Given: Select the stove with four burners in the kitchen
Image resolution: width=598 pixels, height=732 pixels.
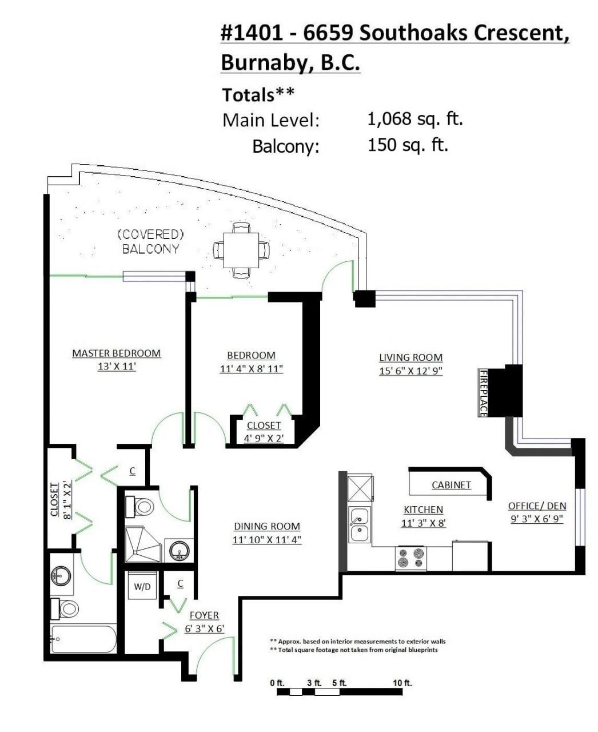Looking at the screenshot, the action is [411, 558].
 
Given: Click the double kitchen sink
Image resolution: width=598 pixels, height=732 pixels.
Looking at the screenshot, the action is [360, 525].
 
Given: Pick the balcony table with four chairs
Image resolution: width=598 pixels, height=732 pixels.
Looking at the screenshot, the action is [241, 250].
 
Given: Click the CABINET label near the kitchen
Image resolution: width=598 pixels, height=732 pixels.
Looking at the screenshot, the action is [451, 485].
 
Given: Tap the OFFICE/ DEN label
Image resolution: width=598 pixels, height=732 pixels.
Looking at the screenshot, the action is [537, 506].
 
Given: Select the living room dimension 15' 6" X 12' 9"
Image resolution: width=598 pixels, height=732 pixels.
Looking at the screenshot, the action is [410, 371].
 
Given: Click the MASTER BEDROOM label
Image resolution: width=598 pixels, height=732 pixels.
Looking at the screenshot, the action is [117, 353].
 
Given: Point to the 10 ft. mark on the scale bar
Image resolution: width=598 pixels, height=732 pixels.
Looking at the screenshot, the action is [402, 683].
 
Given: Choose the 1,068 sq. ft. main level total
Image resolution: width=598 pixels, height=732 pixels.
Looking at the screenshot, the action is [415, 119].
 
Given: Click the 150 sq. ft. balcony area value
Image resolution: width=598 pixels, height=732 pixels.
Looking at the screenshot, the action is [408, 145].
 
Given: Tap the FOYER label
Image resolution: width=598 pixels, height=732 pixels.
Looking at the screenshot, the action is [204, 615].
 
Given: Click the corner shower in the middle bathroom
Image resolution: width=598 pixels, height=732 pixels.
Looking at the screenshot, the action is [143, 544].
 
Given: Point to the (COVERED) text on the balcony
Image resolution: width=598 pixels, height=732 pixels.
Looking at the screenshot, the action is [150, 234].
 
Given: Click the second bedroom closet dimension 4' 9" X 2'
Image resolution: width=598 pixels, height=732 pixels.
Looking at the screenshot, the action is [264, 439].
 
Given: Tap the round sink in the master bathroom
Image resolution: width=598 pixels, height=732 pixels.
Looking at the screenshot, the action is [61, 576].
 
